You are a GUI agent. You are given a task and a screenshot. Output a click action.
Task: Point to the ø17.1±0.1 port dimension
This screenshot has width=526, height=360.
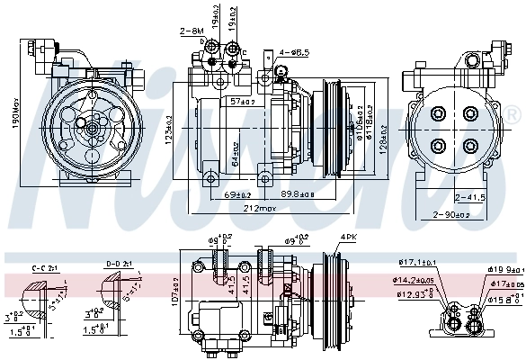[416, 262]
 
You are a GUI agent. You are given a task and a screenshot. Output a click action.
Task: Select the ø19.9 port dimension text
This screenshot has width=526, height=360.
[504, 268]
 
